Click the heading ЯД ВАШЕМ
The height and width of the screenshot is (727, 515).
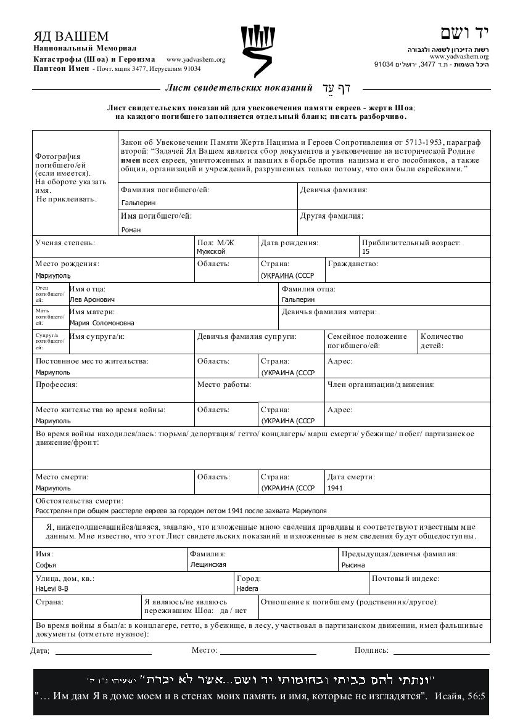(71, 36)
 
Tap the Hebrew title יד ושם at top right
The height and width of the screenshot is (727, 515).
(464, 33)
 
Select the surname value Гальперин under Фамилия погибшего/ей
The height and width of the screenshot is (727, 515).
(139, 203)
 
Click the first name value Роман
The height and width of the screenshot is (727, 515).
(131, 230)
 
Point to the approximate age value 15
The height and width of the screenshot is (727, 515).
(366, 251)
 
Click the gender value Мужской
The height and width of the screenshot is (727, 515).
(211, 251)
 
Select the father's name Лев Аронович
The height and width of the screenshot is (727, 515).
(92, 299)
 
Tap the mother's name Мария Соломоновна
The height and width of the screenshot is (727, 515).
(102, 323)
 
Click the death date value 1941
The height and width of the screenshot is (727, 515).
(336, 488)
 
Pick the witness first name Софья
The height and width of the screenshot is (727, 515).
(46, 565)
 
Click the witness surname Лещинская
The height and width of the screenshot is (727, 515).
(208, 564)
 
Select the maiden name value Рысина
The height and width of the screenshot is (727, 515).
(353, 565)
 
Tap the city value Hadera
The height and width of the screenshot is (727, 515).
(247, 588)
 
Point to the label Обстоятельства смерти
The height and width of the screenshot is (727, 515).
(80, 501)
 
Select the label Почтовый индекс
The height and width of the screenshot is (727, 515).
(405, 579)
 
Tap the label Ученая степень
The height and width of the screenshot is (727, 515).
(65, 243)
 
